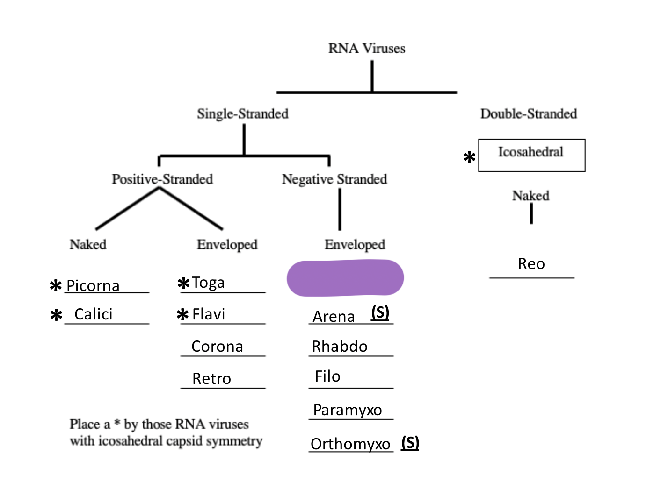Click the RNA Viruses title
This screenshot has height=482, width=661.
pos(366,49)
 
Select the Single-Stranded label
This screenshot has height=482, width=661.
pos(242,114)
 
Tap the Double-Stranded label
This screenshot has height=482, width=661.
pos(528,114)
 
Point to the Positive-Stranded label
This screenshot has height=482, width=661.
pos(162,179)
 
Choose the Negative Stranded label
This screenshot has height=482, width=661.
pos(334,179)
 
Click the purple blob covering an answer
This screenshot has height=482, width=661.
pos(345,278)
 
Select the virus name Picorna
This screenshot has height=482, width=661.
pos(93,285)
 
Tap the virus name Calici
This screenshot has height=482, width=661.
pos(94,314)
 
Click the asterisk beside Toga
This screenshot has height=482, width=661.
pos(183,283)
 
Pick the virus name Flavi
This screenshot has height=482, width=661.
pos(209,314)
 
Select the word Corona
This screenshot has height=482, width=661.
pos(217,347)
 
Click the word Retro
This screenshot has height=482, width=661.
pos(211,379)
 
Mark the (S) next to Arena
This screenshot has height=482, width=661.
pos(380,312)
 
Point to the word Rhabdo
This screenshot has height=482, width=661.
pos(340,347)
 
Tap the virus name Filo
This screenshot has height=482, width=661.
pos(327,376)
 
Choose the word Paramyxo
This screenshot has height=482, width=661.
pos(348,410)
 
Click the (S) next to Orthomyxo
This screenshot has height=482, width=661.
pos(410,442)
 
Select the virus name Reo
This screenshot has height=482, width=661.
pos(531,264)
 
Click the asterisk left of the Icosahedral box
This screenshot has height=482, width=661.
pos(469,157)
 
